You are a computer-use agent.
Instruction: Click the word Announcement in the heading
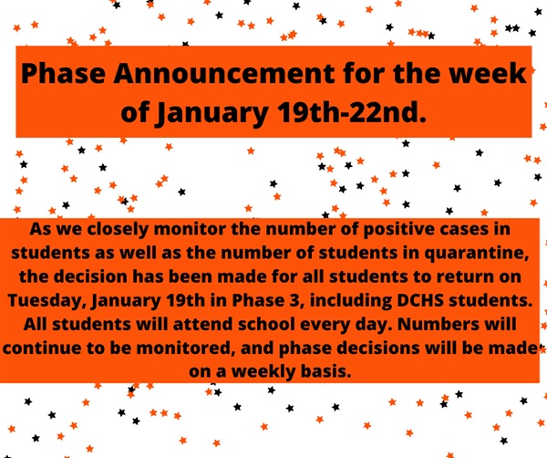[224, 73]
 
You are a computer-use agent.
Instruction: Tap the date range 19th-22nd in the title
[352, 112]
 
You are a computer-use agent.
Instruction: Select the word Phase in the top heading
[63, 73]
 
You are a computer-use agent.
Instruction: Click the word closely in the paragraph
[118, 230]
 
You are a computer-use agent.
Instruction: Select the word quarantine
[477, 254]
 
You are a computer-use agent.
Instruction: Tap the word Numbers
[439, 324]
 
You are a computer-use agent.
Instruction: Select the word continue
[43, 348]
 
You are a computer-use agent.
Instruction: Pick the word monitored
[185, 349]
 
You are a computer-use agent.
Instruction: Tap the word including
[351, 301]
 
